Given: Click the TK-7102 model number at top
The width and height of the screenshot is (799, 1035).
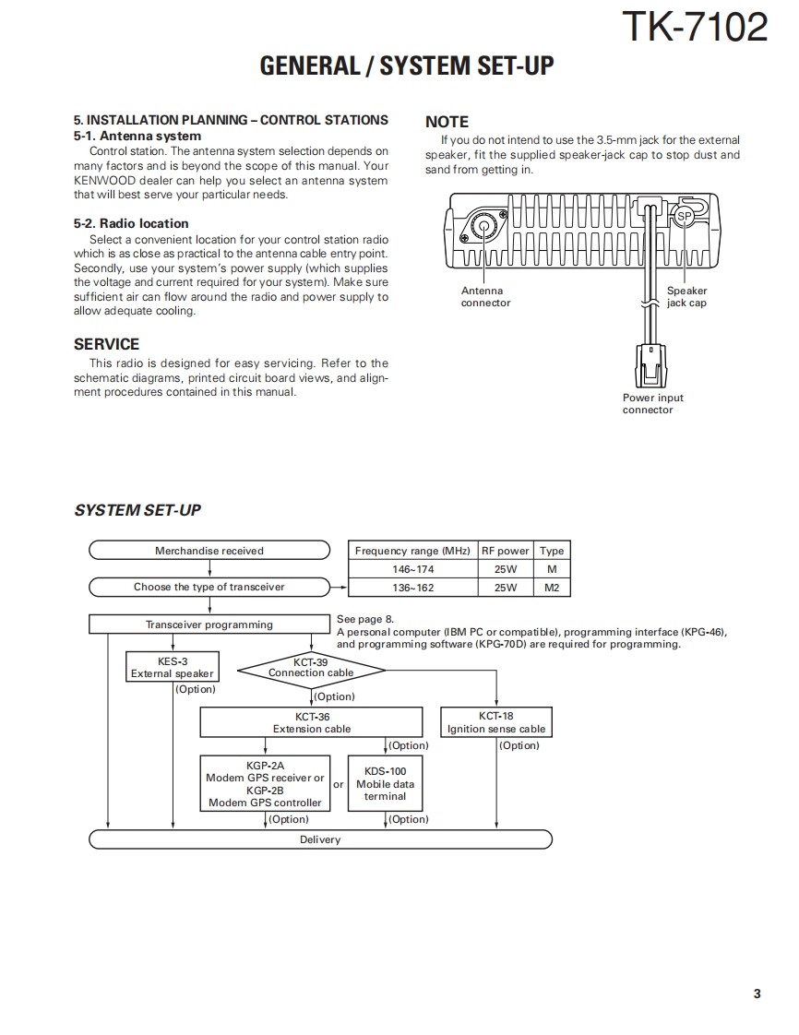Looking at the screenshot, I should coord(694,28).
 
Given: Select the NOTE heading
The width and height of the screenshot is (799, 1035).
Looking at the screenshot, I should coord(447,122).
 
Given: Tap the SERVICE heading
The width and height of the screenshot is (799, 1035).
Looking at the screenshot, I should coord(106,344).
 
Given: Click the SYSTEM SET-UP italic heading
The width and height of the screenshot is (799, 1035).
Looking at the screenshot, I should coord(137,510).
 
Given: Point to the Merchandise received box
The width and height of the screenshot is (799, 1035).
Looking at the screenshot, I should coord(209,551).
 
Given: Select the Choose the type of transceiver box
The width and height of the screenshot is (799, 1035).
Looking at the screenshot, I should coord(209,587).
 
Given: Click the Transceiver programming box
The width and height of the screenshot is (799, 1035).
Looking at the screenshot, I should coord(209,625).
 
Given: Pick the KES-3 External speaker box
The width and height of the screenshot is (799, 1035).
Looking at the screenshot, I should coord(172,668).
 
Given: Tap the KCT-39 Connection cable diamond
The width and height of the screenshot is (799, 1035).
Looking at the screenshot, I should coord(311,668).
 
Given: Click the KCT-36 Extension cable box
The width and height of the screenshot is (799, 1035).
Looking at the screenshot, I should coord(311,722).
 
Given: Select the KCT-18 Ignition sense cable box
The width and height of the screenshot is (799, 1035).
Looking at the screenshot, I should coord(496,722).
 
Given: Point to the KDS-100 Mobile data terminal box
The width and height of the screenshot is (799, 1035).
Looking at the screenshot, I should coord(385,783).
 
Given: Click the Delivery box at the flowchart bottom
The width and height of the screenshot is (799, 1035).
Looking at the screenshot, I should coord(320,839).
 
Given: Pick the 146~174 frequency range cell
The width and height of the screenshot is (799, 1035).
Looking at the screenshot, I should coord(412,569).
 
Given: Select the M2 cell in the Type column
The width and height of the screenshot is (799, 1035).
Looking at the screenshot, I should coord(552,588).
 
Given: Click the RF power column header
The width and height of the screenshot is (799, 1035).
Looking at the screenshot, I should coord(505,551).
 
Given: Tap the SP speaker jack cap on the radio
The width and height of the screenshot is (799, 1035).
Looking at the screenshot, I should coord(683,217).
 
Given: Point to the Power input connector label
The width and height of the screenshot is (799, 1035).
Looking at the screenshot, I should coord(652,404).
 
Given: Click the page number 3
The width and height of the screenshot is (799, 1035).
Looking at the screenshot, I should coord(757,993).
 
